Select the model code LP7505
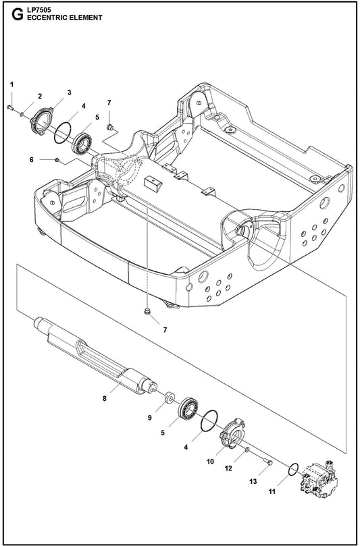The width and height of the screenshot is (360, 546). tap(35, 9)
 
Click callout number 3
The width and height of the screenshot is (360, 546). tap(69, 92)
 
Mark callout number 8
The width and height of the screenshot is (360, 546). tap(105, 399)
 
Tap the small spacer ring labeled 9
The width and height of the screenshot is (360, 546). tap(168, 396)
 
